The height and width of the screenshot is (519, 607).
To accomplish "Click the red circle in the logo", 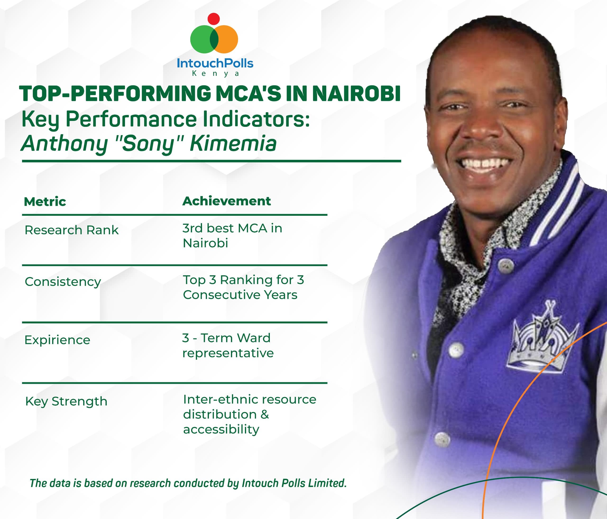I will click(x=214, y=18).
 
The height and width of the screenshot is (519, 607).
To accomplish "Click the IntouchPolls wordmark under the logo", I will click(x=215, y=63).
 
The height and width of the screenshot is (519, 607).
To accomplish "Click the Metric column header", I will click(x=45, y=202).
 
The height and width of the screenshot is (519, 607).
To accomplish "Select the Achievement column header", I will click(x=226, y=201).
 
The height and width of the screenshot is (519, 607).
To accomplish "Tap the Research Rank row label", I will click(x=71, y=230).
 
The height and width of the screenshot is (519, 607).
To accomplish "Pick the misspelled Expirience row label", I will click(x=57, y=340).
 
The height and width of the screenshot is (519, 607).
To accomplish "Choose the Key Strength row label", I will click(x=66, y=401).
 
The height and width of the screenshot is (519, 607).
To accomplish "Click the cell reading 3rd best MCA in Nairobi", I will click(x=232, y=235).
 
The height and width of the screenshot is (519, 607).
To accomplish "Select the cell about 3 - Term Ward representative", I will click(x=228, y=345).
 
